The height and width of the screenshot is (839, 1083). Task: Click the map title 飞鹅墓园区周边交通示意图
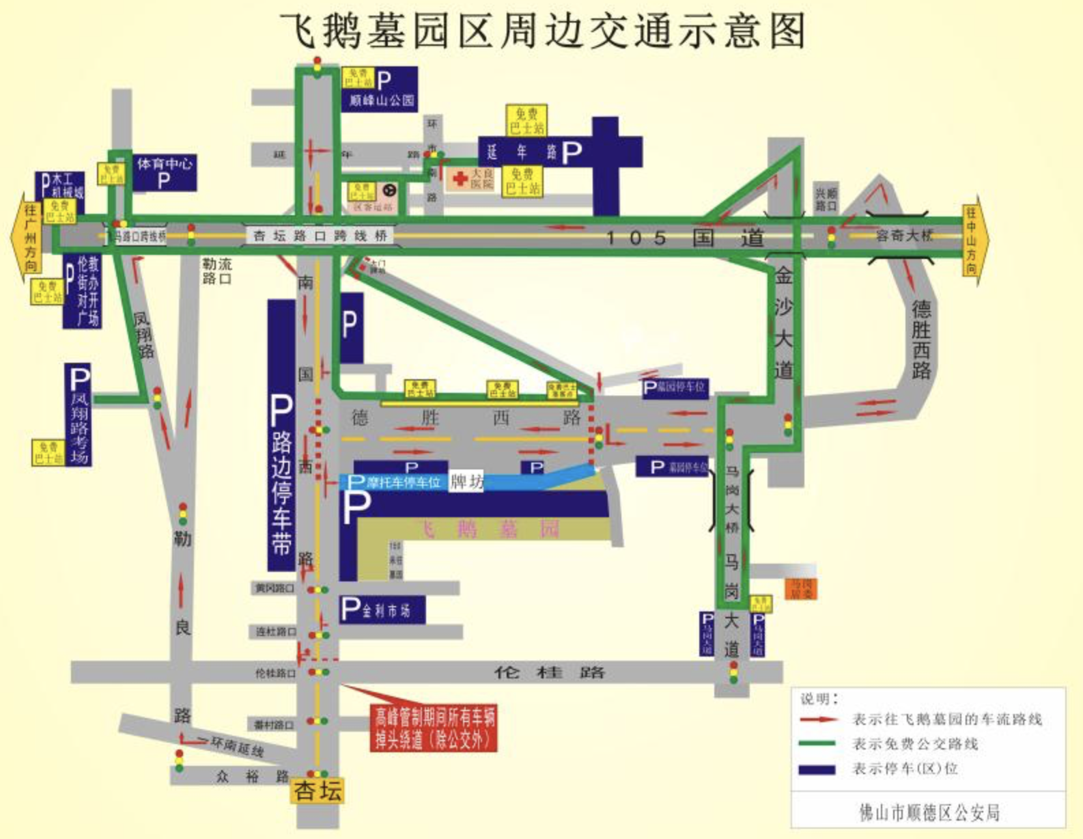point(543,31)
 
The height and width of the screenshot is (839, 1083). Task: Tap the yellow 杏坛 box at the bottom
point(318,790)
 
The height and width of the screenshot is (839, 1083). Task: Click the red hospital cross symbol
point(460,179)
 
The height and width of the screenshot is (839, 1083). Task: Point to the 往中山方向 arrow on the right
point(972,240)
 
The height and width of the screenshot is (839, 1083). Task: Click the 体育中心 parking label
point(164,172)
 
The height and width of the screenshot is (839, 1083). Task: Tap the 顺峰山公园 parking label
point(380,90)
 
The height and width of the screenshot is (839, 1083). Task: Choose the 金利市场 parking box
point(382,609)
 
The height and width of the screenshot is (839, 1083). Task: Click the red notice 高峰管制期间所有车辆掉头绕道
point(434,728)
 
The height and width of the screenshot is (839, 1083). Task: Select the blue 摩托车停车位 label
point(395,482)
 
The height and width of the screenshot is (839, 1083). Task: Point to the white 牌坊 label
point(466,482)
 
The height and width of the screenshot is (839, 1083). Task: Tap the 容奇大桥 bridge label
point(904,236)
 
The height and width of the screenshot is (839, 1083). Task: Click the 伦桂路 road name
point(550,672)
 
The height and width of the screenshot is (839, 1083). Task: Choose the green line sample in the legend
point(817,743)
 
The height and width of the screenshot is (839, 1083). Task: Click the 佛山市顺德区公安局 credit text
point(929,812)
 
